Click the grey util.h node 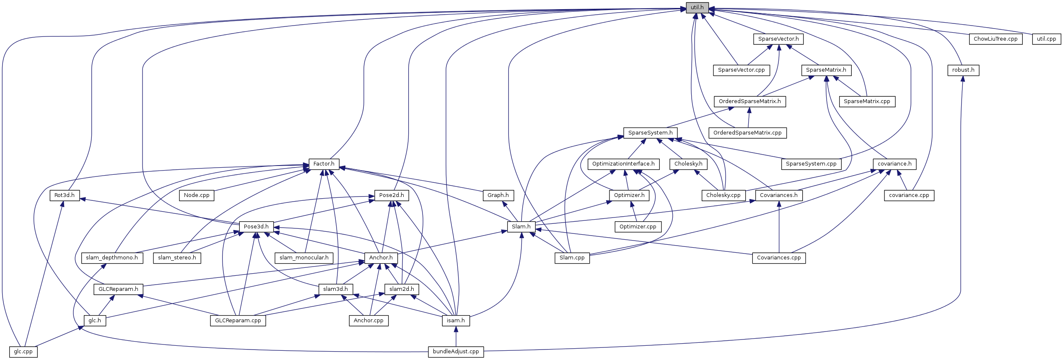point(697,8)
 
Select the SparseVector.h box point(778,39)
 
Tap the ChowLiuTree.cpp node point(996,39)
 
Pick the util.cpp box point(1046,39)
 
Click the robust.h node point(963,70)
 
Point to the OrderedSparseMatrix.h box point(750,101)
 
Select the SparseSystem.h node point(650,133)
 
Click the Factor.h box point(324,164)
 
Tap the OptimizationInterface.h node point(623,164)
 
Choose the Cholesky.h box point(688,164)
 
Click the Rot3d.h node point(65,195)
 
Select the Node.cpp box point(197,195)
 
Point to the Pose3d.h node point(256,227)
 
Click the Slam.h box point(521,227)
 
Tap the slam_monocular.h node point(304,258)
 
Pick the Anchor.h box point(381,258)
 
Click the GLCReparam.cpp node point(238,321)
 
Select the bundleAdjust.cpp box point(456,352)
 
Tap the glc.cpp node point(23,352)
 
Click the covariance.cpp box point(909,195)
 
